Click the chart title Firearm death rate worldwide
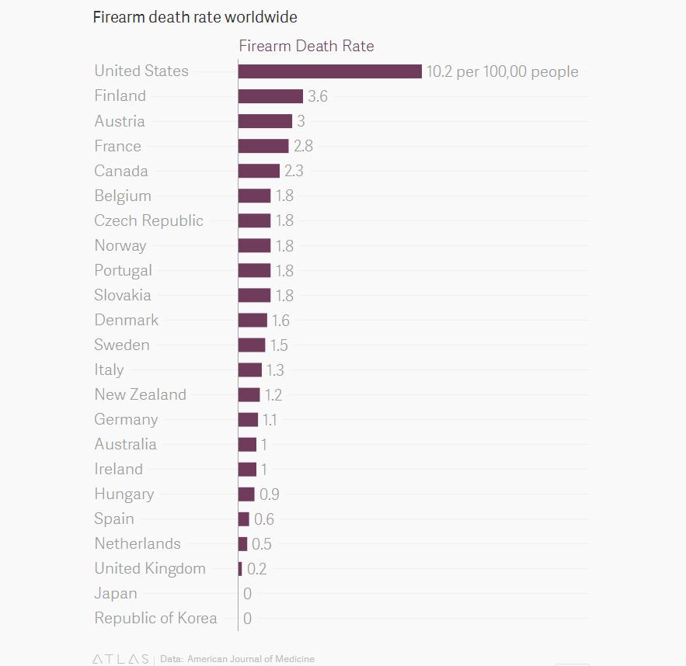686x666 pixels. [194, 16]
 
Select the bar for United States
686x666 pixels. [329, 71]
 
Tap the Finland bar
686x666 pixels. [270, 96]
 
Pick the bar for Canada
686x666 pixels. [259, 171]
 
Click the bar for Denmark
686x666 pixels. [252, 320]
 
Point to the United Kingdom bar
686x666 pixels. [240, 569]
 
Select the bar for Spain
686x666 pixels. [244, 519]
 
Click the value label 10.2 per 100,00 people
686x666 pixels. [502, 71]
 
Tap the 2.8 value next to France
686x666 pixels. [303, 146]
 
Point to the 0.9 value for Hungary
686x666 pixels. [269, 494]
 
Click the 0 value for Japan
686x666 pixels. [247, 594]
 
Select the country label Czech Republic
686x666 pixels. [148, 220]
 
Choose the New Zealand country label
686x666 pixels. [140, 394]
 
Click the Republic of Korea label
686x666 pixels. [155, 619]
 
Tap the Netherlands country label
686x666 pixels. [138, 543]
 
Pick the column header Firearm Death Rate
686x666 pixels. [306, 46]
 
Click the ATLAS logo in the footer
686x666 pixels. [120, 659]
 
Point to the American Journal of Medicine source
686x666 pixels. [251, 659]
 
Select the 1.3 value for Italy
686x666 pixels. [275, 370]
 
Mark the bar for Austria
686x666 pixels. [265, 121]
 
